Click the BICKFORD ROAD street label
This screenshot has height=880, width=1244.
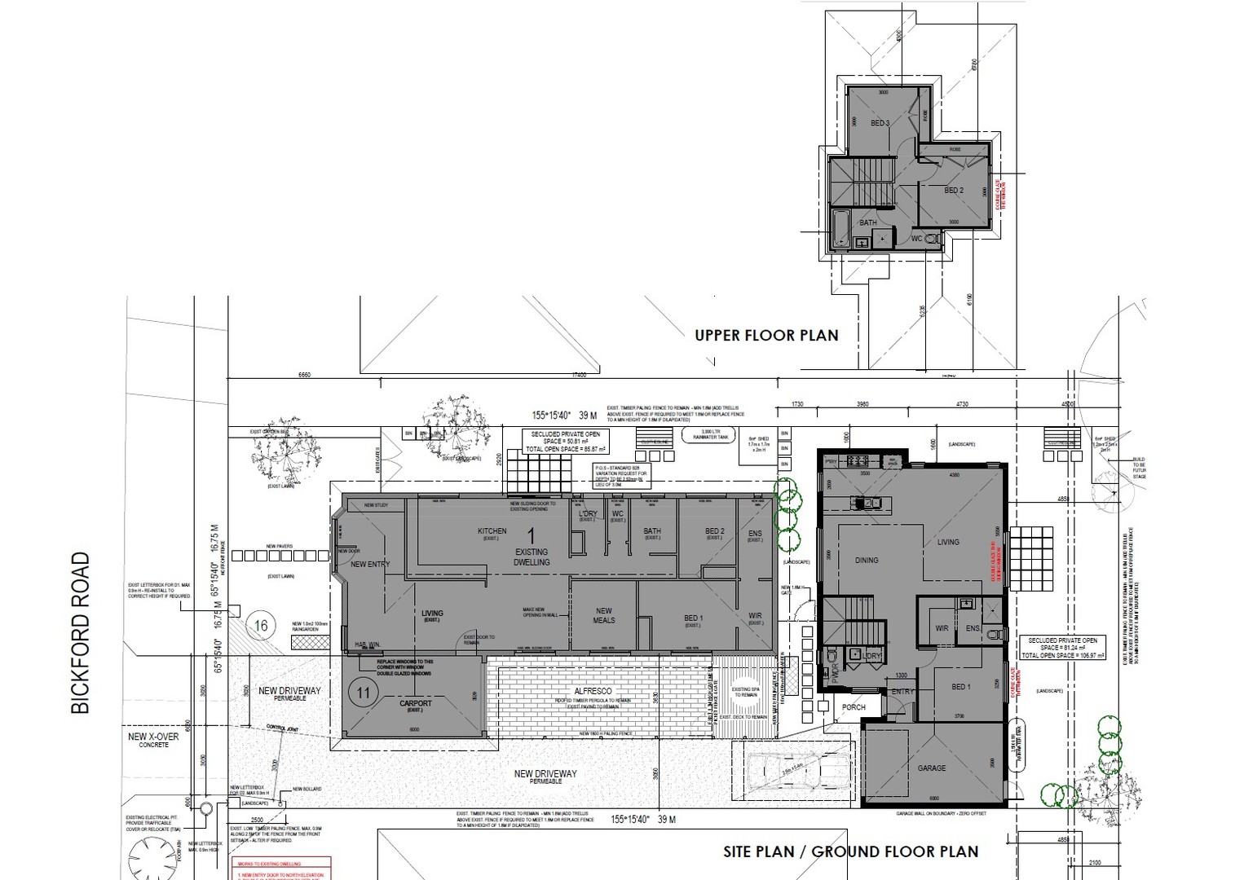[x=80, y=633]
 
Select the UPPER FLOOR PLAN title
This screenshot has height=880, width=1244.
[x=766, y=335]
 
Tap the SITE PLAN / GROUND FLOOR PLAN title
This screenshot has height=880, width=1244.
[x=850, y=851]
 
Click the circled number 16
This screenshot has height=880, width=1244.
[x=261, y=626]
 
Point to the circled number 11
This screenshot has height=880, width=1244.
[x=364, y=693]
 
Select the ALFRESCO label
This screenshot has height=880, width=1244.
[x=593, y=691]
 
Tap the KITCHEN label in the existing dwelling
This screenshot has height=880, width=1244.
[x=492, y=532]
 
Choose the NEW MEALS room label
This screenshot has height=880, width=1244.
[x=603, y=615]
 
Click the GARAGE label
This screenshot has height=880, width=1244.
[x=932, y=768]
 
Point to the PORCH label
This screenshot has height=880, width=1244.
[x=854, y=706]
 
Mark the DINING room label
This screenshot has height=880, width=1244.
[x=867, y=560]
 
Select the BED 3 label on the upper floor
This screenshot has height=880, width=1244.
[x=880, y=123]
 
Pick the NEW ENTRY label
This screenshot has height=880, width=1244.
[x=370, y=564]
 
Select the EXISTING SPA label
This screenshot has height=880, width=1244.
[x=745, y=692]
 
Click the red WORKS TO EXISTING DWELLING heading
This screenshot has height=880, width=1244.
[x=280, y=863]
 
